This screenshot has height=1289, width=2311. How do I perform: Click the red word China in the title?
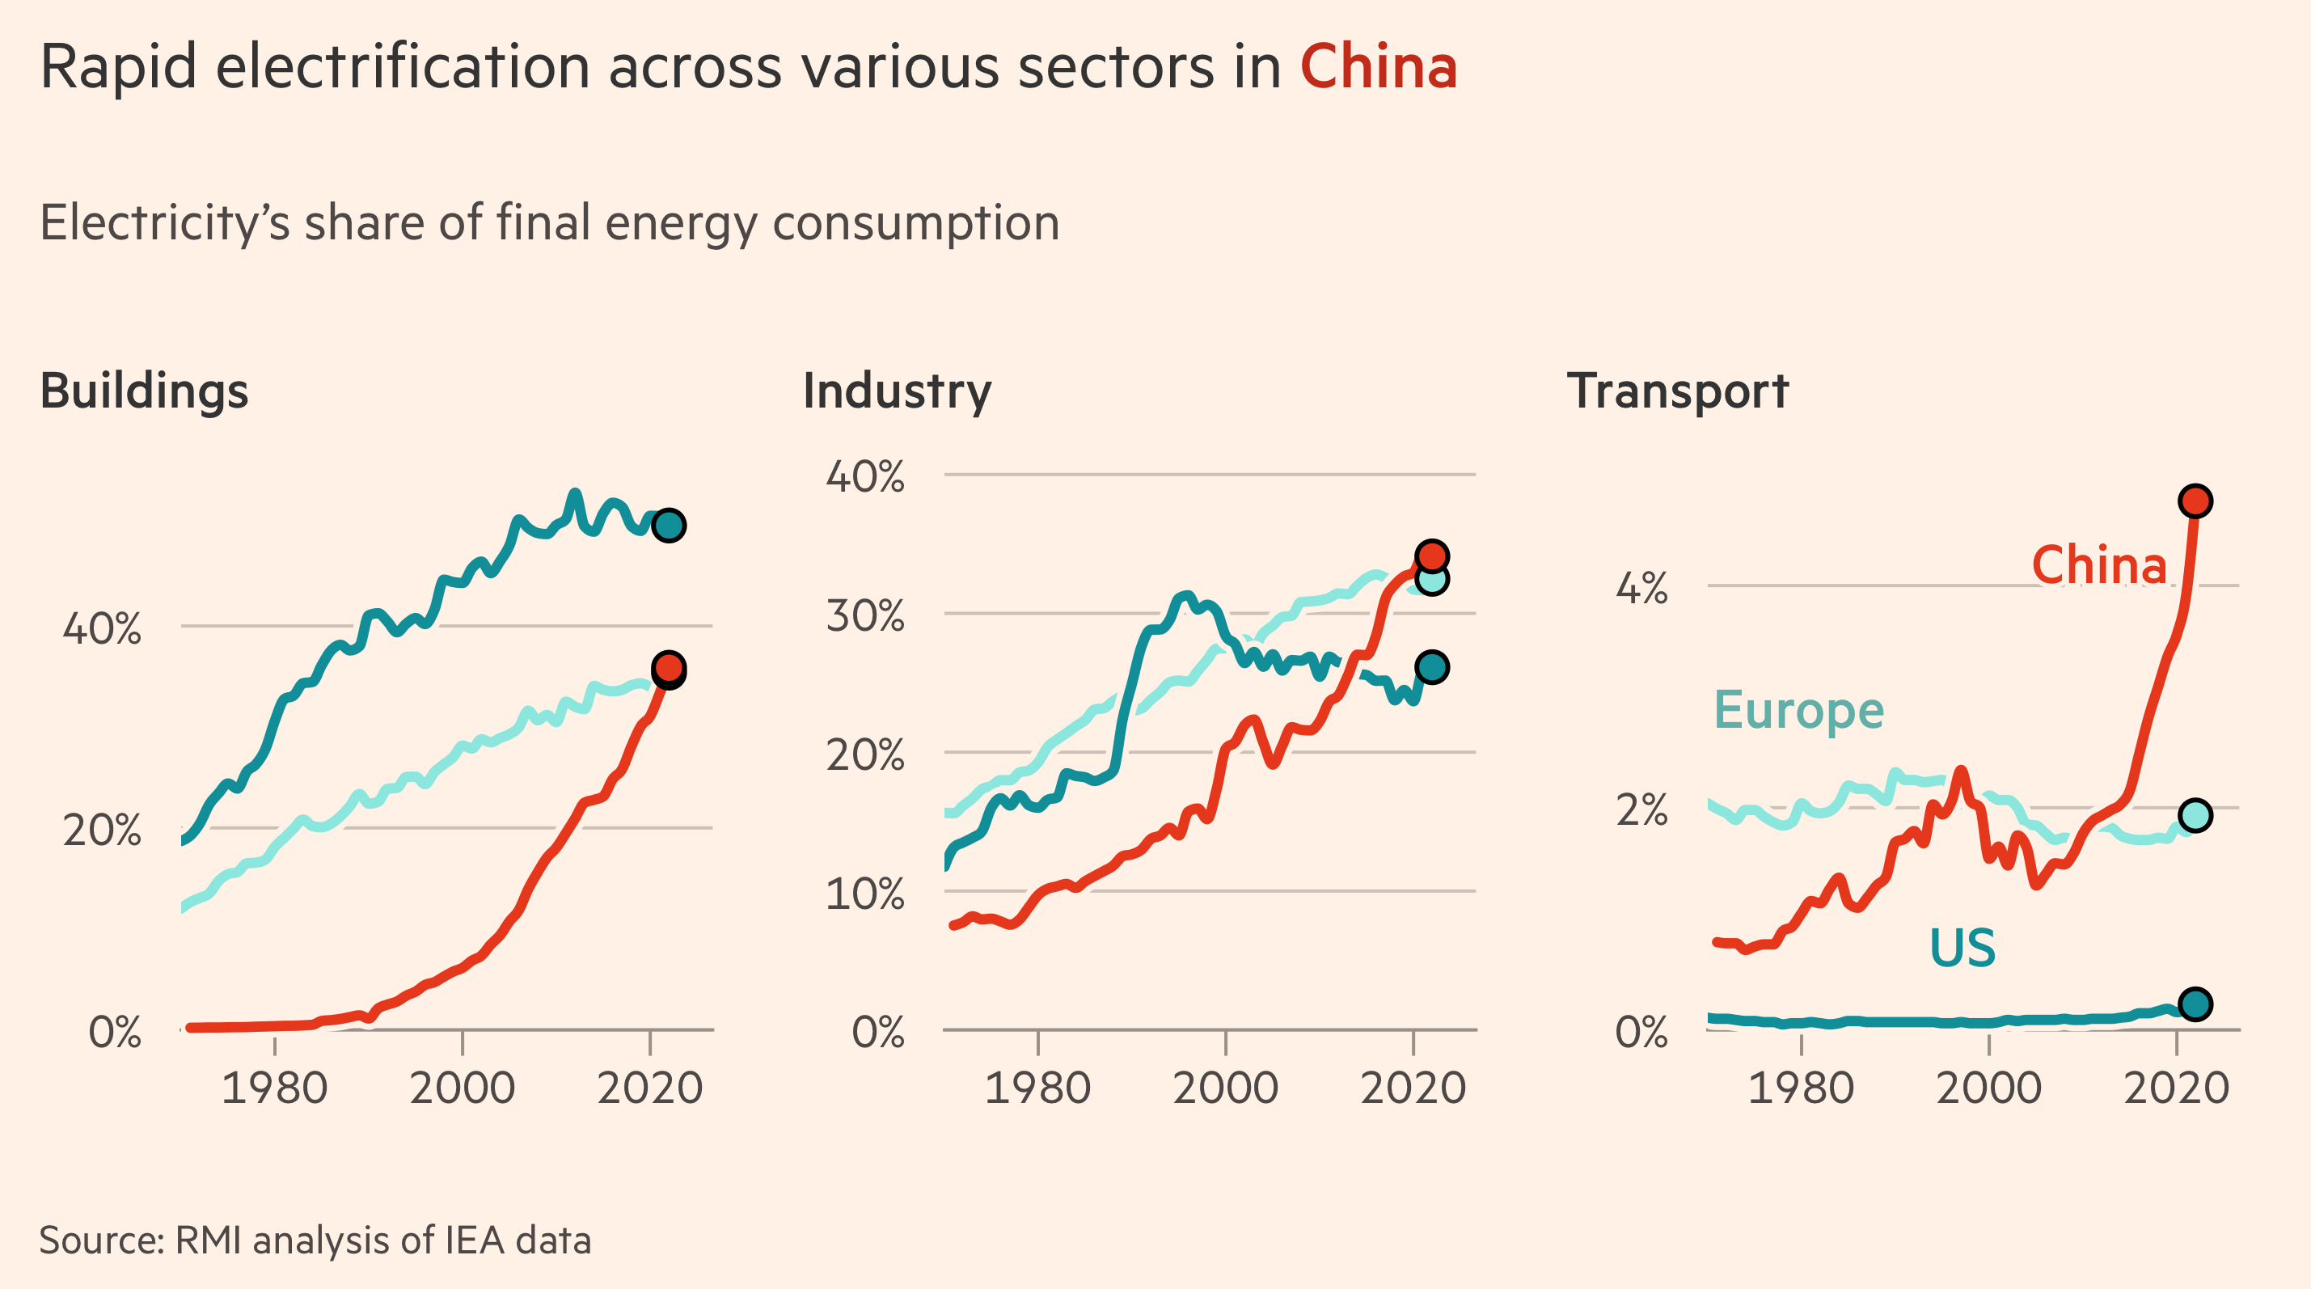(1378, 67)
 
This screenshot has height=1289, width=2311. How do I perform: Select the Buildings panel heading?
(144, 392)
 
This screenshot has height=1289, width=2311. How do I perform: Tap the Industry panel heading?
(896, 392)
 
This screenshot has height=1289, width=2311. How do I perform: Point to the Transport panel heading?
(1677, 392)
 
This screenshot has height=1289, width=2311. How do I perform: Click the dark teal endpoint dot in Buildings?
(669, 525)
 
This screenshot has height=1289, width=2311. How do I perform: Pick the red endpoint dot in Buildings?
(669, 667)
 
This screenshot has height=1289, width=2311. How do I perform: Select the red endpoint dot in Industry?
(1431, 556)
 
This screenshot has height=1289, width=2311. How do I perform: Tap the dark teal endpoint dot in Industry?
(1431, 667)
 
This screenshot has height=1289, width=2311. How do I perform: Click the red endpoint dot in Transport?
(2195, 501)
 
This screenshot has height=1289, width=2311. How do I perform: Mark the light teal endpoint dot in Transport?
(2195, 815)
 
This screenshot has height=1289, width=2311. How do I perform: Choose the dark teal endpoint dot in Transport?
(2195, 1004)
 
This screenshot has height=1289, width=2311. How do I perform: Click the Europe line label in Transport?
(1798, 712)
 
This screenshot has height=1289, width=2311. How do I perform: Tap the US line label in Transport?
(1962, 948)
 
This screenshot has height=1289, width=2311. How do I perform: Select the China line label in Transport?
(2098, 566)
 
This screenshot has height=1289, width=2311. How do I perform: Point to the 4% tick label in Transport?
(1641, 590)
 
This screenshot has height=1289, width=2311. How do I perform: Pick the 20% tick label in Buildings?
(101, 830)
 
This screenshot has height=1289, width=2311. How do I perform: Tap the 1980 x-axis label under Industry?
(1037, 1089)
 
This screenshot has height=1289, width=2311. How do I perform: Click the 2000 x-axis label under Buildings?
(462, 1089)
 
